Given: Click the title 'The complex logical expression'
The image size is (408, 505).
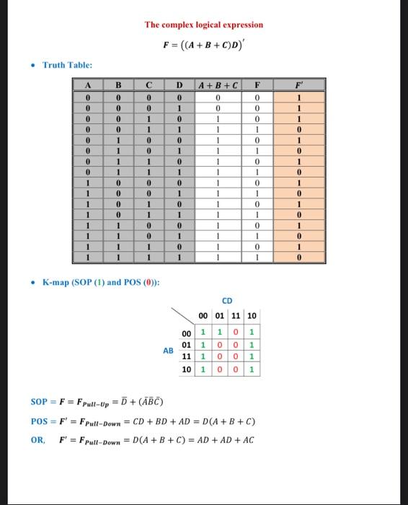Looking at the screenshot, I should (x=204, y=25).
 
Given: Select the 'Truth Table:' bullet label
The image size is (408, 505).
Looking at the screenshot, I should (x=67, y=66).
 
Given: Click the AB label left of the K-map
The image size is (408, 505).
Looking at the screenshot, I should (x=167, y=351).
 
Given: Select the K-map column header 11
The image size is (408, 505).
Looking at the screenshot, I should (x=237, y=316).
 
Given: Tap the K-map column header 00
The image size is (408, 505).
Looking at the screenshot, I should (x=204, y=316).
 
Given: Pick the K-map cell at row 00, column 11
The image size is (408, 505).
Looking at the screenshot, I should (x=237, y=333).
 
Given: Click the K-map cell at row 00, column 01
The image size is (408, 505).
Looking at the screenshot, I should (x=221, y=333).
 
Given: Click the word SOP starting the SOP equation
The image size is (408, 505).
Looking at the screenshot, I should (x=39, y=401).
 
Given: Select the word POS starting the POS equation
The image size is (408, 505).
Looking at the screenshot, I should (x=39, y=421).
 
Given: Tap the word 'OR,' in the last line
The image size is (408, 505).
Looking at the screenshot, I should (x=37, y=439).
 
